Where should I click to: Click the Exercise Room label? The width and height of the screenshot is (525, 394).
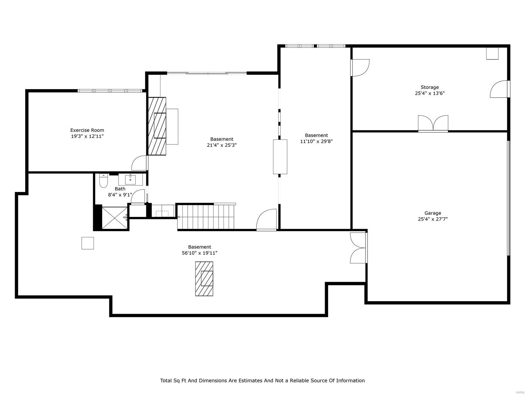click(x=87, y=130)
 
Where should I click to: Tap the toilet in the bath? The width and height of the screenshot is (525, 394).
click(x=103, y=181)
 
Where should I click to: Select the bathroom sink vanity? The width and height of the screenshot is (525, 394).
click(x=131, y=180)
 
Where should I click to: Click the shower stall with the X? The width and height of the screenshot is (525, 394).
click(x=114, y=218)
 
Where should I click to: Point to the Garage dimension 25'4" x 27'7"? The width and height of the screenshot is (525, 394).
click(x=432, y=219)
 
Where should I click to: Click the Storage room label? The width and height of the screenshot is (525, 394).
click(x=430, y=87)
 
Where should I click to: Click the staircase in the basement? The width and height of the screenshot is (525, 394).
click(x=206, y=217)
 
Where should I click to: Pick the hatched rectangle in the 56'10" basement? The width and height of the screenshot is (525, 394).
click(x=204, y=279)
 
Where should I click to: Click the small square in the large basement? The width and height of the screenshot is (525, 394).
click(x=88, y=243)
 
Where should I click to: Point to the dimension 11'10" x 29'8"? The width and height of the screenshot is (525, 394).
click(x=316, y=142)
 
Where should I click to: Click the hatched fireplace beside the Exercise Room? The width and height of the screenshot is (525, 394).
click(x=157, y=126)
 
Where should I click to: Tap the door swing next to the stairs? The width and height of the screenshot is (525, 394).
click(x=266, y=219)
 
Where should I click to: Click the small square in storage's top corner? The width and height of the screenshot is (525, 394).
click(x=492, y=54)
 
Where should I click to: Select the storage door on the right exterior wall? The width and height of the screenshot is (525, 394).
click(x=499, y=89)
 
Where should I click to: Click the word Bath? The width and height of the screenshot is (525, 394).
click(x=120, y=189)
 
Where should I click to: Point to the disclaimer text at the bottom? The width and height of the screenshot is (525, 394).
click(x=262, y=381)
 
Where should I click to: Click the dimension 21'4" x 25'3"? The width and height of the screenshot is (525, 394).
click(x=221, y=145)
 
